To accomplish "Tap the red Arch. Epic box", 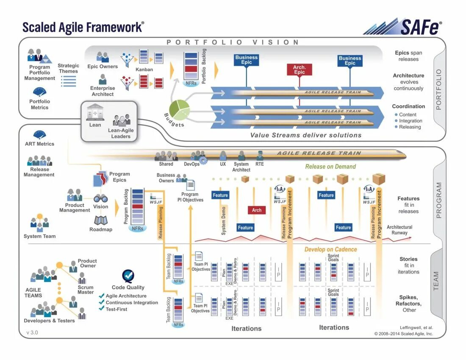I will click(x=299, y=70).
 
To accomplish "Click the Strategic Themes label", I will click(x=68, y=68).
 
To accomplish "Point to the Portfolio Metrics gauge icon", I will click(x=39, y=92).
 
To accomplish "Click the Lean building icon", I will click(x=95, y=112).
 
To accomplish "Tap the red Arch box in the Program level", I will click(x=257, y=210).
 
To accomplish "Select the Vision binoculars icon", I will click(x=100, y=198).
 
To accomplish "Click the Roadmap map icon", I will click(x=101, y=220).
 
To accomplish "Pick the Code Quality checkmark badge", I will click(x=128, y=276).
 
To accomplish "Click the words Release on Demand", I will click(x=330, y=167).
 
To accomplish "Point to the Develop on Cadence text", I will click(x=330, y=249).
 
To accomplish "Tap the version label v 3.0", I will click(x=32, y=332).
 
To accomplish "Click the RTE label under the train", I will click(x=260, y=164).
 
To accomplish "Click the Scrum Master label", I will click(x=85, y=290).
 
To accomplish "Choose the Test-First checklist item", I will click(x=116, y=309).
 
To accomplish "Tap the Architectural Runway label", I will click(x=399, y=230).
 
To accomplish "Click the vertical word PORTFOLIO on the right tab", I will click(x=438, y=89).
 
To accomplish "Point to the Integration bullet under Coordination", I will click(x=411, y=121).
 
